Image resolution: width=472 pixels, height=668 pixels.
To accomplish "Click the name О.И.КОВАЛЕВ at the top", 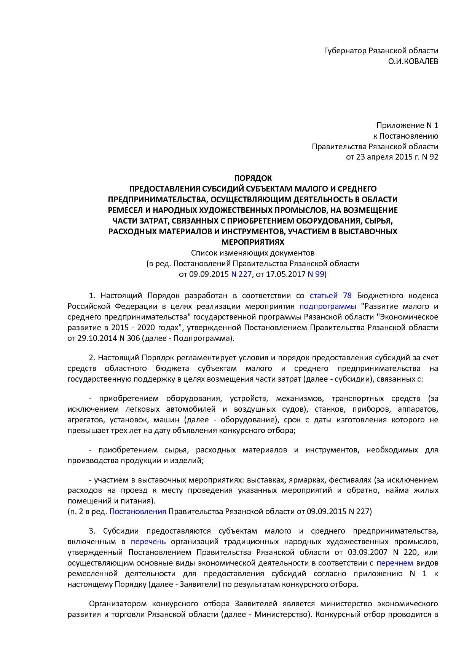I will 413,61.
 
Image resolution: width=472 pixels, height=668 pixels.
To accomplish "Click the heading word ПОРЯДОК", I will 253,178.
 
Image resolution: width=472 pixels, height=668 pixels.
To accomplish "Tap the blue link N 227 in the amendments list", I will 241,274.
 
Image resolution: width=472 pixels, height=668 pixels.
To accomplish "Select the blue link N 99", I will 316,274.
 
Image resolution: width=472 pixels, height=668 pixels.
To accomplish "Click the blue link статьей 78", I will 330,296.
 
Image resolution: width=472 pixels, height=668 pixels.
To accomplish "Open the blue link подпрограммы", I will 328,306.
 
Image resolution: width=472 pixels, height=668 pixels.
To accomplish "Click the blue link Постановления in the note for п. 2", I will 137,511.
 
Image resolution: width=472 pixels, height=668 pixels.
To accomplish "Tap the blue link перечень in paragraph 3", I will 148,542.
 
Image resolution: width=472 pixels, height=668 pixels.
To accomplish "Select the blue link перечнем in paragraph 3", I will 395,563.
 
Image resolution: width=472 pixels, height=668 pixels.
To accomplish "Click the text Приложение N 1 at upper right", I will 407,125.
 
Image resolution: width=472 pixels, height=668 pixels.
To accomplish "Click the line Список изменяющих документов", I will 253,253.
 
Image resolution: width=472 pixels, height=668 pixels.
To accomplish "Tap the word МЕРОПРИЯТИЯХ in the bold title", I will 253,242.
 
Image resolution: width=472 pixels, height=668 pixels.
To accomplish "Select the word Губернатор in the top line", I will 345,51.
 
